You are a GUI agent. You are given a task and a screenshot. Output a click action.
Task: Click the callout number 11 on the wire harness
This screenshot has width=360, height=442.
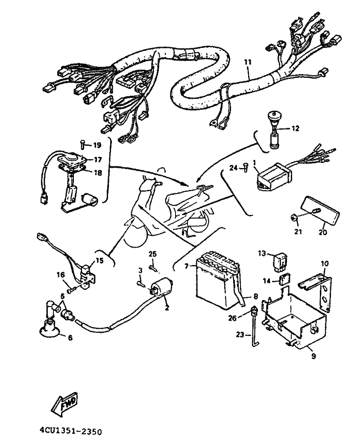coord(247,62)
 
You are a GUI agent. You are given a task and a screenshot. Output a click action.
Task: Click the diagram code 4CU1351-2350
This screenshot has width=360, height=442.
coord(70,431)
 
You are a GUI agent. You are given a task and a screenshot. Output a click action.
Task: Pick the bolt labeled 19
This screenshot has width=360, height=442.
coord(82,144)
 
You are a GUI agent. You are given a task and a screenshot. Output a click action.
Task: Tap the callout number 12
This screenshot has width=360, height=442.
coord(295,129)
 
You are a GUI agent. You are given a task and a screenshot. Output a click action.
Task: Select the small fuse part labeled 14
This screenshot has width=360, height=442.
coord(285,280)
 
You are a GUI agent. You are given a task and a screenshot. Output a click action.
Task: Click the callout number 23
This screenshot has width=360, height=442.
coord(240,335)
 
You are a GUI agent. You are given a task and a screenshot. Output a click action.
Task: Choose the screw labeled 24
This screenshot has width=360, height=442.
coord(245,168)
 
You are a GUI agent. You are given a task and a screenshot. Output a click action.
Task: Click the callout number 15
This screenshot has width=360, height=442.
coord(100,260)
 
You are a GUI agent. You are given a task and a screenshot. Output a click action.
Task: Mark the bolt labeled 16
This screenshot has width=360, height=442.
coord(72,289)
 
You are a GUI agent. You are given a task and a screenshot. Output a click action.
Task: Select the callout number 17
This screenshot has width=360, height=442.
coord(97,159)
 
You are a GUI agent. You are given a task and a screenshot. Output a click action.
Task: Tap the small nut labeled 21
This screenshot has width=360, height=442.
coord(294,218)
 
